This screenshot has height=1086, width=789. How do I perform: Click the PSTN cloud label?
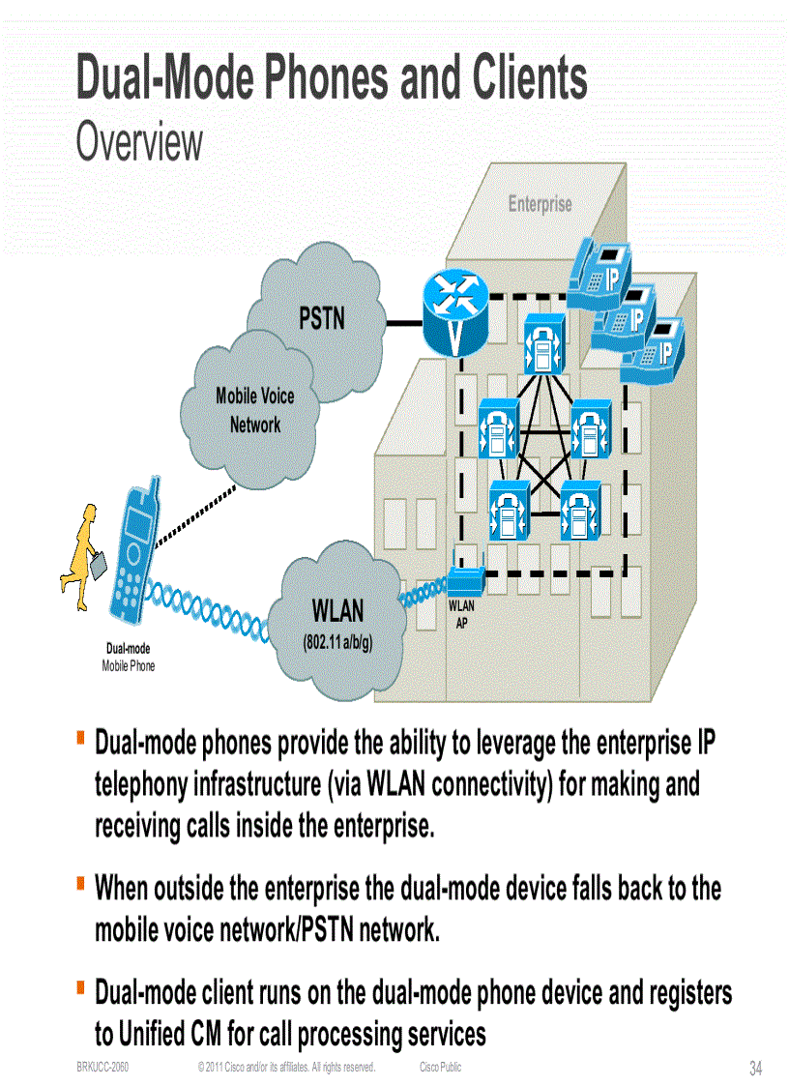coord(322,318)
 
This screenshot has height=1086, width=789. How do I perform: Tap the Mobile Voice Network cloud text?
coord(255,410)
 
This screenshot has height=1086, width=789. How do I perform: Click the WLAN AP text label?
coord(462,614)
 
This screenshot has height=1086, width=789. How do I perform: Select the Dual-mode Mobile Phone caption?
coord(128,657)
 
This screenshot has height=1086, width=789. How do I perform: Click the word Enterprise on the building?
coord(540,204)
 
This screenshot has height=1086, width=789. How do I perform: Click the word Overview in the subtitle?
coord(139,142)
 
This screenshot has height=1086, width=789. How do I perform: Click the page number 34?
coord(756,1069)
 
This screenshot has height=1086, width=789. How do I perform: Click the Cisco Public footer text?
coord(441,1067)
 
